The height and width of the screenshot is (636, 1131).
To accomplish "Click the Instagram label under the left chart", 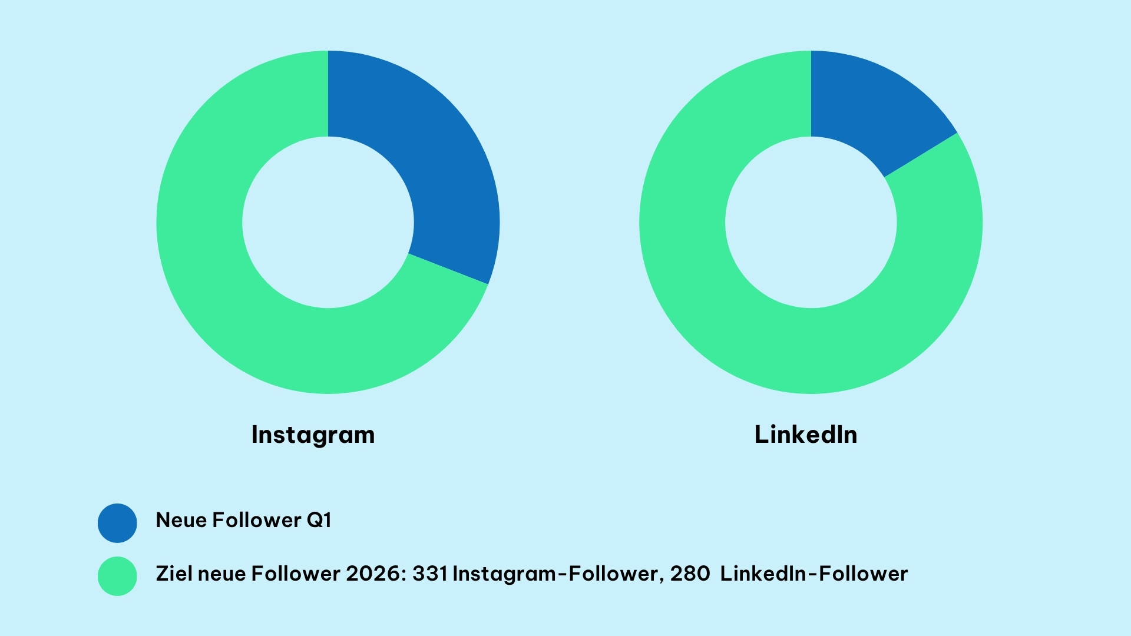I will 313,435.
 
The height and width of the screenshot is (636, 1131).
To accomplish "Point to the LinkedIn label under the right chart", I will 805,435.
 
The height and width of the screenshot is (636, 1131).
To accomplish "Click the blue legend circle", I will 117,523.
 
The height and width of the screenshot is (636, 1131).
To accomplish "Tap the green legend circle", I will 117,576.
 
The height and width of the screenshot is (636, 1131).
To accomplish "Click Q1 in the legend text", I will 319,520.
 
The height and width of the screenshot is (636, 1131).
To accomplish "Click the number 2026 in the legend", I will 373,574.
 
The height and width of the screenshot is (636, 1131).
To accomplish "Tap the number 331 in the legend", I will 429,574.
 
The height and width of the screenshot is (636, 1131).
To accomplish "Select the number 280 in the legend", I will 690,574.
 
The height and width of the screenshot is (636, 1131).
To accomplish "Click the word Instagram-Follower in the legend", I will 555,574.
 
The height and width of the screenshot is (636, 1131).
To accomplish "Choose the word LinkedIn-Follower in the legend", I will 813,574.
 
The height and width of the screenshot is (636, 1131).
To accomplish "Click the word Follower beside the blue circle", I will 257,520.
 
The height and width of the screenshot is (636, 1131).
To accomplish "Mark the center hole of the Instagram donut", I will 328,222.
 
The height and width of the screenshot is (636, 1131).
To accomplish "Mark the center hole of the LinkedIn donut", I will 811,222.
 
